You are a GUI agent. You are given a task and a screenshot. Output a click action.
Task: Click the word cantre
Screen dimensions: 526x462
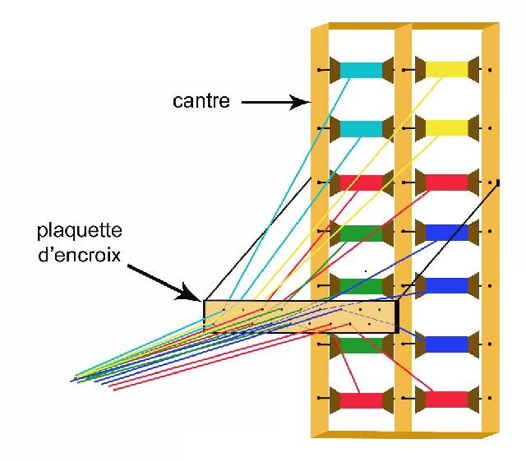(201, 100)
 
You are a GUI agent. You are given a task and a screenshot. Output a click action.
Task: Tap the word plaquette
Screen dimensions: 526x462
(80, 230)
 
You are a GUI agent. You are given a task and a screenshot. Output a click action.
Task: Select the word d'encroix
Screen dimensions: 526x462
(79, 255)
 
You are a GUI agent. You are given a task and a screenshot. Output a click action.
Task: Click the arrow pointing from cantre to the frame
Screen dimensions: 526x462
(276, 102)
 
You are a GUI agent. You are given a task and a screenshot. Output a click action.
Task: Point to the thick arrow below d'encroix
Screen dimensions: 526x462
(164, 283)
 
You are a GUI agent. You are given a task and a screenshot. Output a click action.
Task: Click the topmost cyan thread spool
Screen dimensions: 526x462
(362, 70)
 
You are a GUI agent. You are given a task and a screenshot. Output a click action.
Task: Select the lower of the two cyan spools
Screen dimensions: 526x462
(362, 128)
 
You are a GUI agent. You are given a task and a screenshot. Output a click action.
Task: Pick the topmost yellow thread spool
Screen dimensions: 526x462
(447, 70)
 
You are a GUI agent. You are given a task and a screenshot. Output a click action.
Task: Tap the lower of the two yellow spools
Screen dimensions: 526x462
(447, 127)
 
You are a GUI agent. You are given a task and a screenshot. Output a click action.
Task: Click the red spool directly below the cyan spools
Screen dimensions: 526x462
(362, 182)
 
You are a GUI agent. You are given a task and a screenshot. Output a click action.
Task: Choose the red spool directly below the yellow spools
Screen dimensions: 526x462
(447, 182)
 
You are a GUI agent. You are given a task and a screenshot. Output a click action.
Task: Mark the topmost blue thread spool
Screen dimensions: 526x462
(447, 232)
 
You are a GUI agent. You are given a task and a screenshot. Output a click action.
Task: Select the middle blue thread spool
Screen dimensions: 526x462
(447, 285)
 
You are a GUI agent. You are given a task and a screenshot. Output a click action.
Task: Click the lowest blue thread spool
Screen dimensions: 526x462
(447, 344)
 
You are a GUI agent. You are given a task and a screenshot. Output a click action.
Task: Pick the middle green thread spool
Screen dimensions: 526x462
(362, 286)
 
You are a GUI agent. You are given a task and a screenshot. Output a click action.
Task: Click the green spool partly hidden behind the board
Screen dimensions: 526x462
(362, 345)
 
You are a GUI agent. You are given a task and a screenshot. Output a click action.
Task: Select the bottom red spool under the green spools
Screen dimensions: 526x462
(362, 400)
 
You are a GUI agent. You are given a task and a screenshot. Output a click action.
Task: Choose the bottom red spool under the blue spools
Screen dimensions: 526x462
(447, 400)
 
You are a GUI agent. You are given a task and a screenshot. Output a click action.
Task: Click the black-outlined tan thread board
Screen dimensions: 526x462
(301, 316)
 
